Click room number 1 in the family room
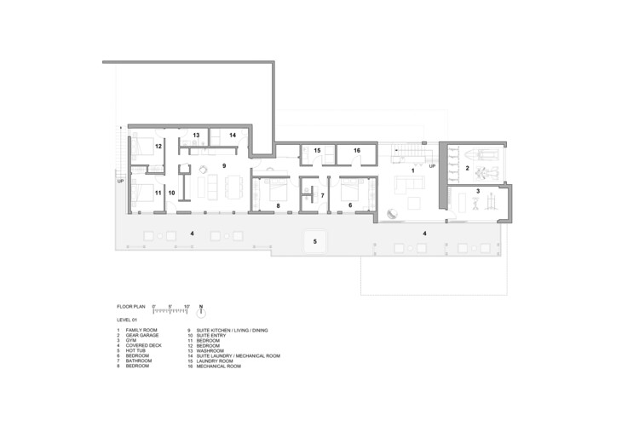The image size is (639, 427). [413, 170]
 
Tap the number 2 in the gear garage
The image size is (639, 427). [467, 169]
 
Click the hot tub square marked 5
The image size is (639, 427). [315, 243]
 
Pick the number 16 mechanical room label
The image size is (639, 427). [357, 152]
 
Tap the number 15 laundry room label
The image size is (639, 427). [316, 152]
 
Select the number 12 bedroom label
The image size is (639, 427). [158, 147]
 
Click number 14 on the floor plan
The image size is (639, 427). [232, 135]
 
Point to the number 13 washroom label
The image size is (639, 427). [195, 135]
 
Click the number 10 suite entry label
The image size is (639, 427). [171, 193]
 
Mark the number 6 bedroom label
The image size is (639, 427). [350, 205]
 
